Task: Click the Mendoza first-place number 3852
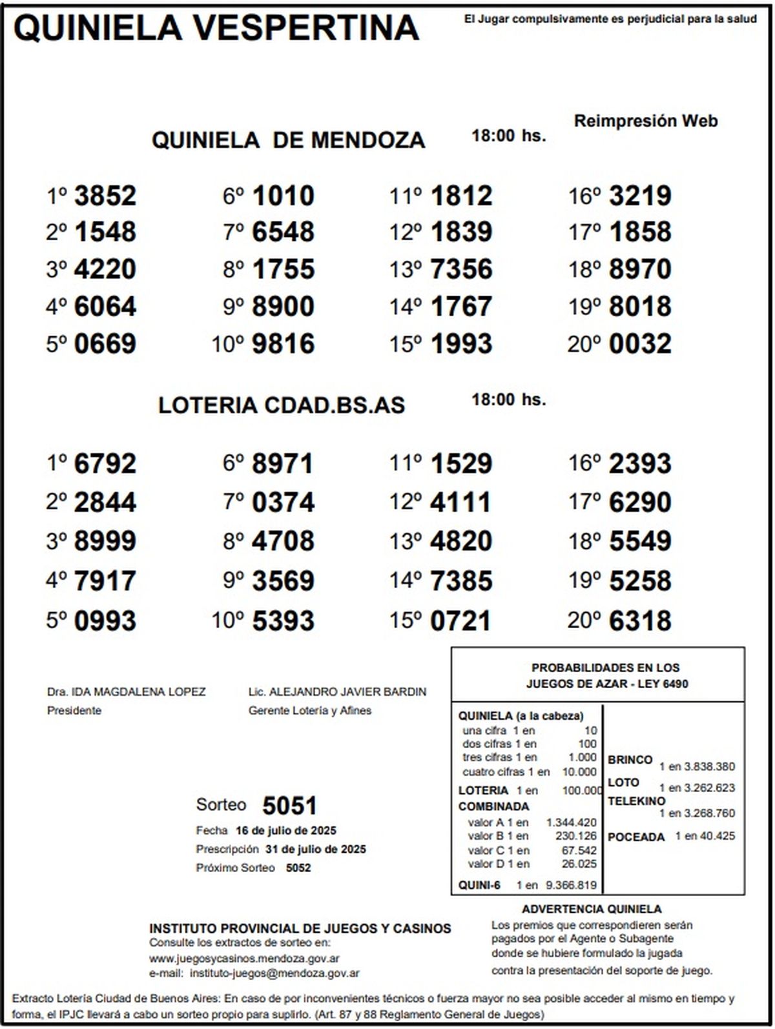point(105,196)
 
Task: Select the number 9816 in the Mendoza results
point(283,344)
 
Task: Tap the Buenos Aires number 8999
point(105,542)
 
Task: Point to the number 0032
point(640,344)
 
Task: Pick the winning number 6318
point(640,621)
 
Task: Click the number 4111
point(460,502)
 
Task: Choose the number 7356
point(460,269)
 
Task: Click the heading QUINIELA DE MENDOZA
point(288,140)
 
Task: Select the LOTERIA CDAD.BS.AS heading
point(282,405)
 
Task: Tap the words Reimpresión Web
point(646,121)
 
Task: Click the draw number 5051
point(290,806)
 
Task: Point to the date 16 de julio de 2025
point(285,830)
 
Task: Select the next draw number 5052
point(298,868)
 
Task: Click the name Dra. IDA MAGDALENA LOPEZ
point(127,692)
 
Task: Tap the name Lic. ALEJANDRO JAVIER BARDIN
point(337,692)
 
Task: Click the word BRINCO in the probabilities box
point(630,760)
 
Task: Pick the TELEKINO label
point(636,801)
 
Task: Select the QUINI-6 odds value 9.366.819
point(571,886)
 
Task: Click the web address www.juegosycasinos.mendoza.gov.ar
point(245,959)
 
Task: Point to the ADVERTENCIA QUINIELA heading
point(592,910)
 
